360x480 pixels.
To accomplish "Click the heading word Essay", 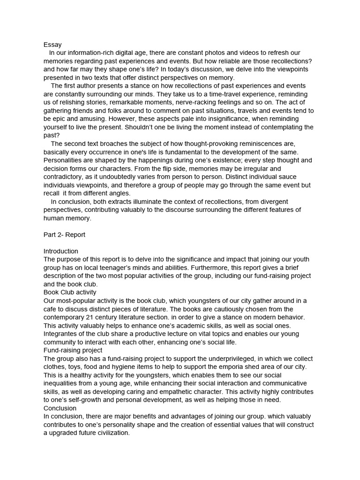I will pyautogui.click(x=52, y=45).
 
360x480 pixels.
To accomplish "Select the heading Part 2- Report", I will pyautogui.click(x=64, y=235).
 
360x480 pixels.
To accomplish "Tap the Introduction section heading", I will pyautogui.click(x=61, y=251).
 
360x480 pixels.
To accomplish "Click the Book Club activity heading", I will pyautogui.click(x=70, y=292).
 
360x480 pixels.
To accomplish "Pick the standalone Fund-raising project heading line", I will pyautogui.click(x=73, y=350).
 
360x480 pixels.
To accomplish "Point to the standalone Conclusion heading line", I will pyautogui.click(x=60, y=408).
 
